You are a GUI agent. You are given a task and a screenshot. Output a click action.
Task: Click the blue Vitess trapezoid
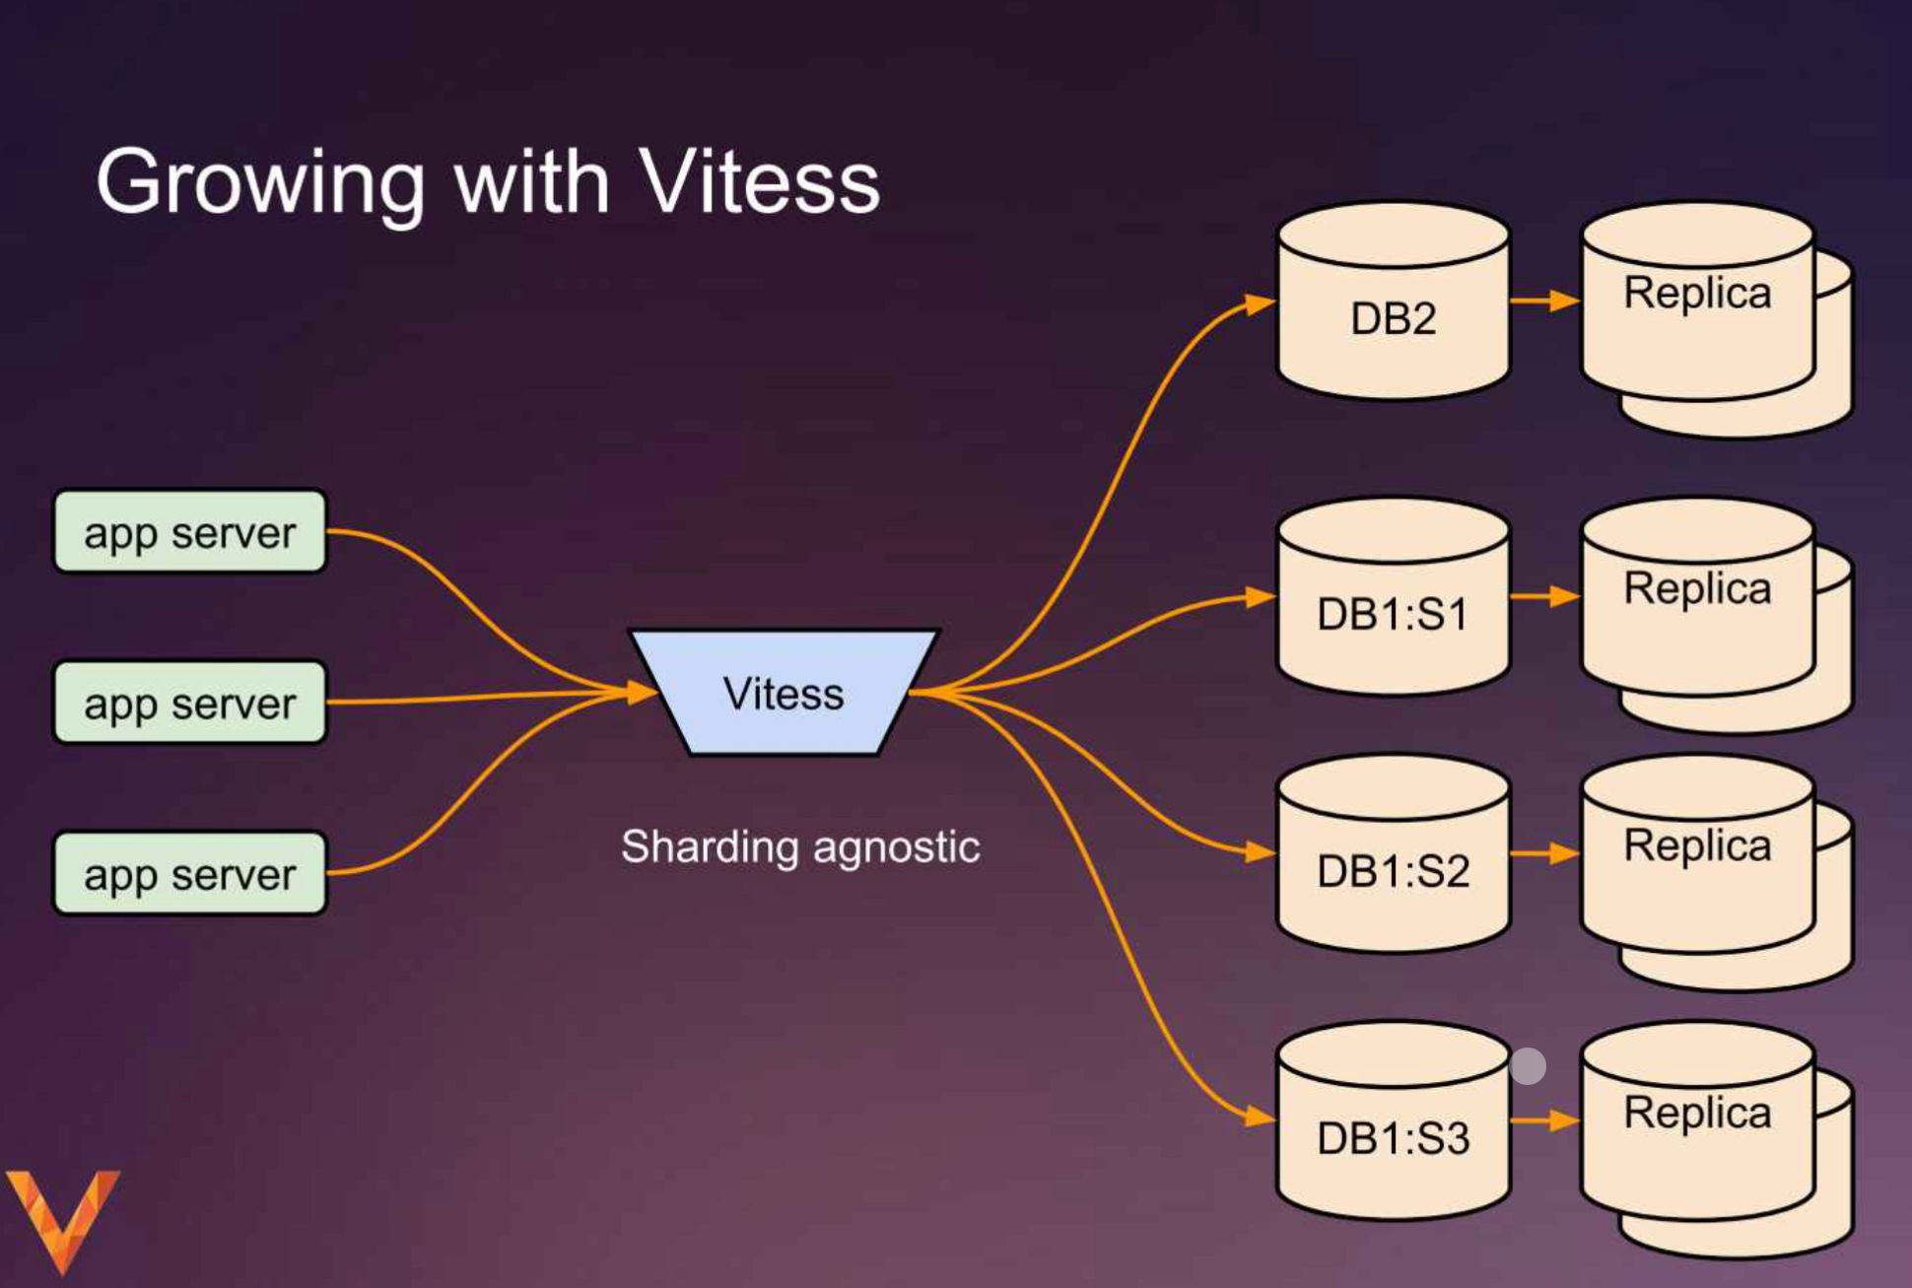point(784,693)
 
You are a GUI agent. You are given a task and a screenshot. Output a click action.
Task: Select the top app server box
point(189,532)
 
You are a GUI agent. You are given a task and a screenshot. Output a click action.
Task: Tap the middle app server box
point(189,703)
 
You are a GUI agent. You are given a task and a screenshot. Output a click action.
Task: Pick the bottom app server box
point(189,874)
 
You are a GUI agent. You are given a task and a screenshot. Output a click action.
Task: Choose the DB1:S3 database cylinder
point(1393,1135)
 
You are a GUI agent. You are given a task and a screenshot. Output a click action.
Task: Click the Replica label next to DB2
point(1697,293)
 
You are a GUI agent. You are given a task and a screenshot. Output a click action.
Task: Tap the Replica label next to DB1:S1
point(1697,588)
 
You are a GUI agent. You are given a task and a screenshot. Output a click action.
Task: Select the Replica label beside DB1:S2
point(1697,846)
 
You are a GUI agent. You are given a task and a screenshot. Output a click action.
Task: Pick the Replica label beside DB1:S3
point(1697,1113)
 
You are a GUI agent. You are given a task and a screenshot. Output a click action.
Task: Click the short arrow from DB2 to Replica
point(1544,301)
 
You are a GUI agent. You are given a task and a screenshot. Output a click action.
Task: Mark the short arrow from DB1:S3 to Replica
point(1544,1120)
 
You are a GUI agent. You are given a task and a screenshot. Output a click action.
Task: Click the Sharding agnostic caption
point(800,847)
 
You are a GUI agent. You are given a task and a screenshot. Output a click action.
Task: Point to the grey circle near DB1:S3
point(1528,1066)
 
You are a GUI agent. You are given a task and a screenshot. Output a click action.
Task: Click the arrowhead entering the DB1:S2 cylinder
point(1261,851)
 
